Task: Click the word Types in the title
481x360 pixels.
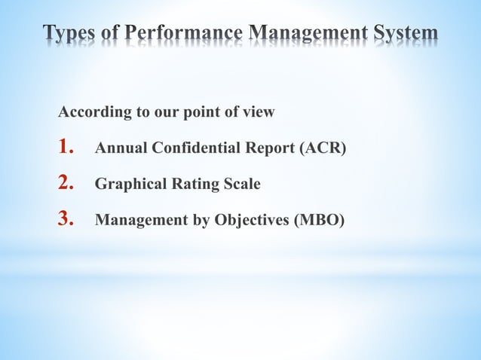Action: pos(71,33)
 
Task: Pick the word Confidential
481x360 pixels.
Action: pos(189,148)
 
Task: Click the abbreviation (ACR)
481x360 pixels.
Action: pos(323,148)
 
